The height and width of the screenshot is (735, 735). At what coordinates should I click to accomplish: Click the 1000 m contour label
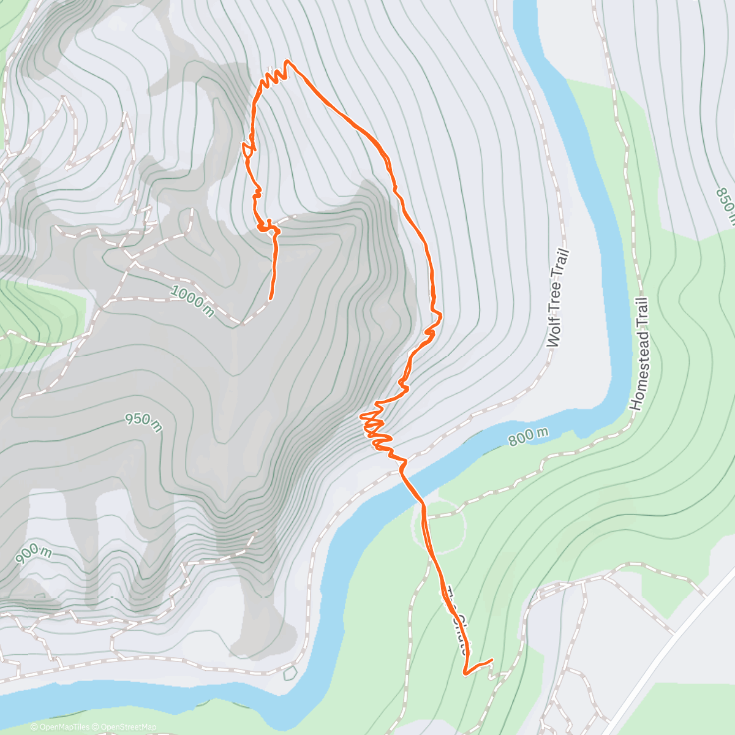point(192,301)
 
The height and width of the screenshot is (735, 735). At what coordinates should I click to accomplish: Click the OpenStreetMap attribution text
point(129,727)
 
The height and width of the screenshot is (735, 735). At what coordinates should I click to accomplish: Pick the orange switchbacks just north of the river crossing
point(377,429)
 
